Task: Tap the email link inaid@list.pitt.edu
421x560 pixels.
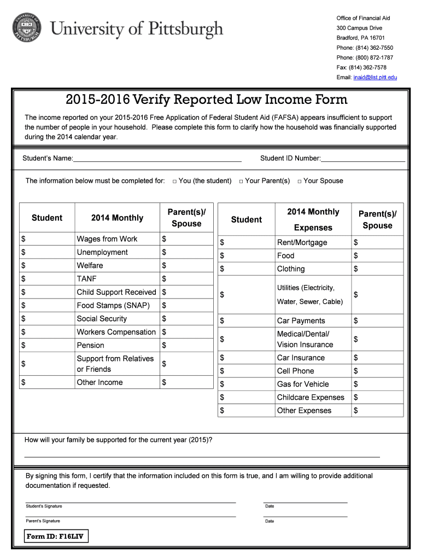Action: click(x=375, y=77)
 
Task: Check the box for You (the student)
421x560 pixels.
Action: click(x=174, y=181)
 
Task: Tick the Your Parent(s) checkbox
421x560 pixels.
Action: click(x=241, y=181)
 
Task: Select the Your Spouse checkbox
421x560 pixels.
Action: click(x=299, y=181)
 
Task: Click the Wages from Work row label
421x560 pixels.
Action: click(x=107, y=239)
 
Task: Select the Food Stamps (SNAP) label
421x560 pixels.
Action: click(x=113, y=306)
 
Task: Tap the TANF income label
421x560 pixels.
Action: click(x=86, y=279)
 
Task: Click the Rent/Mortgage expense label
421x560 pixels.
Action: click(x=302, y=242)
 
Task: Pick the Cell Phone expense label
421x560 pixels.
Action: click(x=295, y=371)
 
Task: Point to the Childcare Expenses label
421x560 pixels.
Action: click(x=311, y=397)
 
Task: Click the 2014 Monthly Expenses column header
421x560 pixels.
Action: click(x=313, y=219)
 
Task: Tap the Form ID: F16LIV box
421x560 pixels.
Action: click(x=57, y=536)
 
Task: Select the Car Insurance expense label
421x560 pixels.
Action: click(x=301, y=358)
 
